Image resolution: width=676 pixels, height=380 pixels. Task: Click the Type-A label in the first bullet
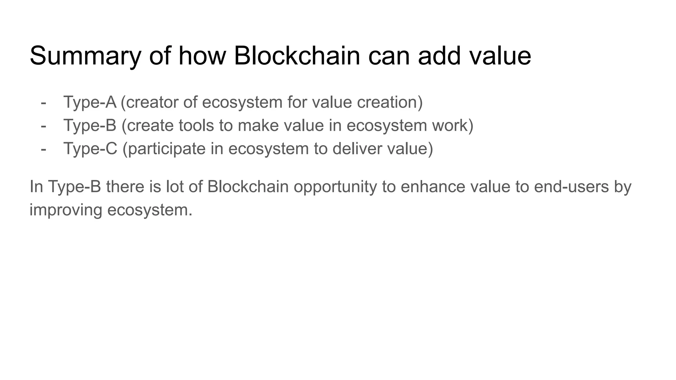pyautogui.click(x=89, y=102)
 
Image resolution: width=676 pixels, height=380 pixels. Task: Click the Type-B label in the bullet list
pyautogui.click(x=89, y=125)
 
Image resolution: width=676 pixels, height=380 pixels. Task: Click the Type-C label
pyautogui.click(x=90, y=148)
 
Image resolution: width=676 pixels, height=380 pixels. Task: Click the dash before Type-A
pyautogui.click(x=43, y=103)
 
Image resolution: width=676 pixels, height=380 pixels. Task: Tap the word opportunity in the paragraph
pyautogui.click(x=335, y=187)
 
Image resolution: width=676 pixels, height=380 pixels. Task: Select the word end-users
pyautogui.click(x=571, y=186)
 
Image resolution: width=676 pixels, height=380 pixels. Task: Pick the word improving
pyautogui.click(x=66, y=210)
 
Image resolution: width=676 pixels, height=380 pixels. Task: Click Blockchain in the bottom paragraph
pyautogui.click(x=248, y=186)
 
